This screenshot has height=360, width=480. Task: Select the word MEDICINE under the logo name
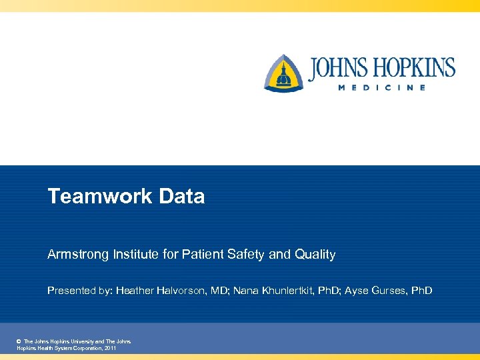[x=381, y=88]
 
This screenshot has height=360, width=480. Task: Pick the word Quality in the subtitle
[x=314, y=255]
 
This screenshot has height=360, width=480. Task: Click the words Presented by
[x=79, y=291]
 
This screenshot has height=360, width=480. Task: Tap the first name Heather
[x=136, y=291]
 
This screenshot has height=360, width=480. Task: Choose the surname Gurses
[x=389, y=291]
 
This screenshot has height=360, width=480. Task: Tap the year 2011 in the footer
[x=109, y=348]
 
